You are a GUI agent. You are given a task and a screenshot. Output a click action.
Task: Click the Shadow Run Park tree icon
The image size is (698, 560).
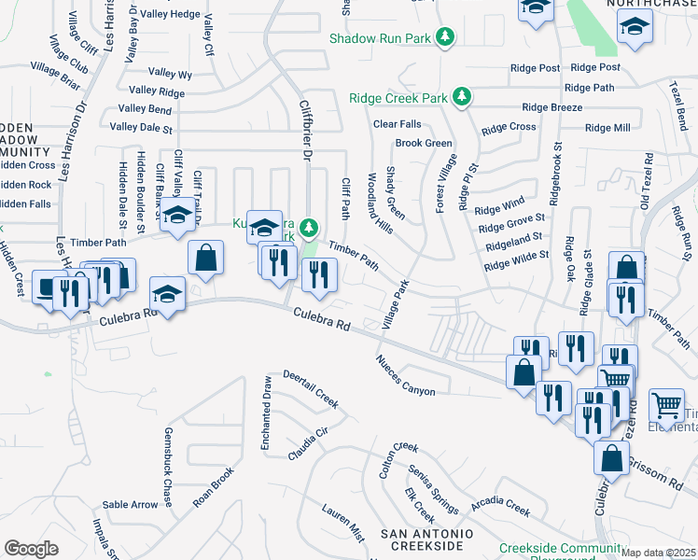tap(447, 36)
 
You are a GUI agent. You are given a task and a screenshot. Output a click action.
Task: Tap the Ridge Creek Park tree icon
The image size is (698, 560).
tap(461, 96)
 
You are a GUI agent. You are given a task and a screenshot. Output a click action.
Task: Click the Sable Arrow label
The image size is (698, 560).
tap(131, 505)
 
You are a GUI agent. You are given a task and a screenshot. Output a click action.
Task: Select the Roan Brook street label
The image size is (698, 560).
tap(213, 486)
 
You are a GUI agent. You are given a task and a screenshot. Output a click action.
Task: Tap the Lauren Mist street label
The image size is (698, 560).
tap(343, 524)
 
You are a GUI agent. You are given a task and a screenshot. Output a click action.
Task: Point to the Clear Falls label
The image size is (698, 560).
tap(398, 124)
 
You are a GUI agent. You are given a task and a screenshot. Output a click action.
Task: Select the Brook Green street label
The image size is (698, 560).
tap(424, 143)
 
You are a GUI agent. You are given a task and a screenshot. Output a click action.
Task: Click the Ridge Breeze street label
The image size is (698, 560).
tap(552, 107)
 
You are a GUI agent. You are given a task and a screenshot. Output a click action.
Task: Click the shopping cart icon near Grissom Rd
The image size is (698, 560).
tap(666, 404)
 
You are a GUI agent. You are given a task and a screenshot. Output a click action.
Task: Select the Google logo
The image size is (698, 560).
tap(32, 549)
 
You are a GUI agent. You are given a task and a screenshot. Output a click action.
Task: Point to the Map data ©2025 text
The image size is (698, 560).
tap(659, 553)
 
